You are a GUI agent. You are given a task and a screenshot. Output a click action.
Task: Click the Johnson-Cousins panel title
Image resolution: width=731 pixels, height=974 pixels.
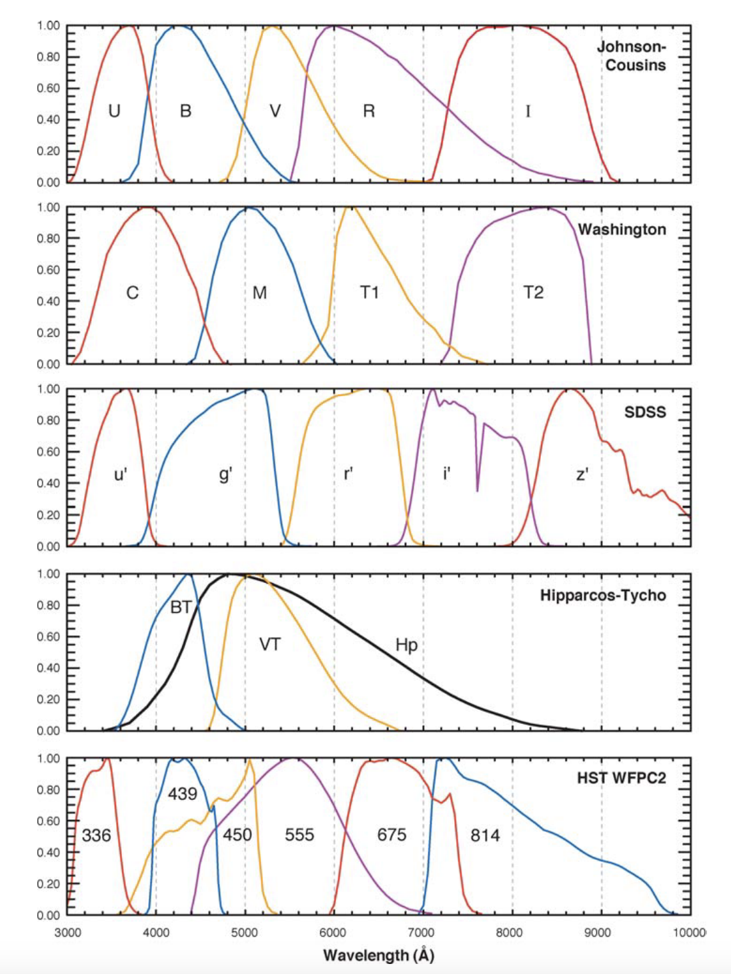[631, 56]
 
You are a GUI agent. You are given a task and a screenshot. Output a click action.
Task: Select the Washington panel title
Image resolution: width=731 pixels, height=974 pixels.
[622, 229]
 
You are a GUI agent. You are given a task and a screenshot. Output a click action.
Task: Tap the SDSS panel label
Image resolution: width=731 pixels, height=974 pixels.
[644, 412]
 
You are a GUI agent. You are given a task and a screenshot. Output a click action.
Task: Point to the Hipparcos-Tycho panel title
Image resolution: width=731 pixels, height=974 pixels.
[602, 595]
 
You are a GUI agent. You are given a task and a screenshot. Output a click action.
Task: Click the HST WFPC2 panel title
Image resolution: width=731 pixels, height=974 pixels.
[621, 778]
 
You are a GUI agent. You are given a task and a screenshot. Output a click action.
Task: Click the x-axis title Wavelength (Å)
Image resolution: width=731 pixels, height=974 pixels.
[378, 955]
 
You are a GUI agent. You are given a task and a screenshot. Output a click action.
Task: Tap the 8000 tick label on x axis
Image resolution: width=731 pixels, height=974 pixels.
[509, 933]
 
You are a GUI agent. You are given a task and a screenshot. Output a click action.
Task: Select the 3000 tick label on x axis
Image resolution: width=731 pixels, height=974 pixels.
[67, 933]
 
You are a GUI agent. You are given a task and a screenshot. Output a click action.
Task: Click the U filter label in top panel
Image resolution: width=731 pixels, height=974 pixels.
[114, 111]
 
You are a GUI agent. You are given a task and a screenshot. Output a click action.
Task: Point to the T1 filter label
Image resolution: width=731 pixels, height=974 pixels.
[370, 292]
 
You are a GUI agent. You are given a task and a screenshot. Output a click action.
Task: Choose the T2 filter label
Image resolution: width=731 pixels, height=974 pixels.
[533, 292]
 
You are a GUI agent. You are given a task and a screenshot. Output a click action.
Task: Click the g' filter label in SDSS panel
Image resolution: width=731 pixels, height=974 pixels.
[225, 474]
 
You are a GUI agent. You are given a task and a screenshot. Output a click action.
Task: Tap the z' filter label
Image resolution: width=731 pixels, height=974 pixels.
[582, 474]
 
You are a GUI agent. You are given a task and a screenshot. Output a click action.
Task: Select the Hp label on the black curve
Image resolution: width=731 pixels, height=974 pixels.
[406, 645]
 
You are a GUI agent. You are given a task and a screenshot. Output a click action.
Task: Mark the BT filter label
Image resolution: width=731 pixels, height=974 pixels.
[181, 607]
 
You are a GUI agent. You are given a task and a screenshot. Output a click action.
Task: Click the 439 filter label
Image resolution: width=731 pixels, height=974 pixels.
[182, 794]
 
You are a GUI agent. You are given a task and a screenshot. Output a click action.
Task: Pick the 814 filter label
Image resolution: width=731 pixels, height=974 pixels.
[485, 835]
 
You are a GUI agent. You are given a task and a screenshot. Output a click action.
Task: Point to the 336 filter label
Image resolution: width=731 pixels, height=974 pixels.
[96, 835]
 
